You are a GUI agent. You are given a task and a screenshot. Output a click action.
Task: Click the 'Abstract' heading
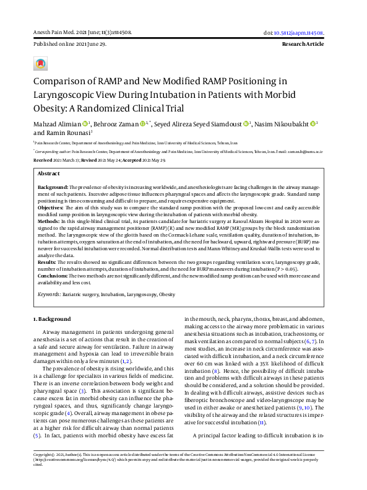49,174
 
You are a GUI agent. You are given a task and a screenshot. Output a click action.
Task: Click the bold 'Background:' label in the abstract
53,186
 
